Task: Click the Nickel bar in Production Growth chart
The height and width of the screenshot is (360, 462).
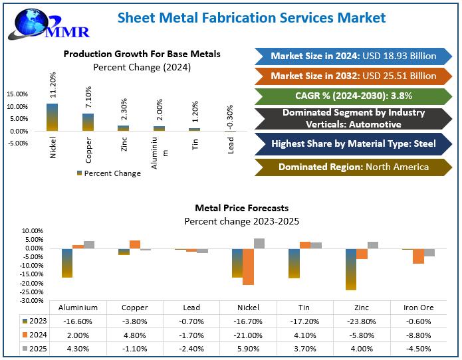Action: tap(53, 117)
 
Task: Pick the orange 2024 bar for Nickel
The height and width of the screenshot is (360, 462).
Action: tap(249, 266)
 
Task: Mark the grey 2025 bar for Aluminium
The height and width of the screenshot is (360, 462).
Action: tap(89, 244)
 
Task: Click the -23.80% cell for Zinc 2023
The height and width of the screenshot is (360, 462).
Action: tap(362, 321)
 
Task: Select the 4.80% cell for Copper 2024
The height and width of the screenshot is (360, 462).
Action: tap(135, 335)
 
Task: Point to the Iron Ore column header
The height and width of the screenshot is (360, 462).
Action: tap(418, 308)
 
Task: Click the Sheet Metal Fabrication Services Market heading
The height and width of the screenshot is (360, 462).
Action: tap(251, 18)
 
